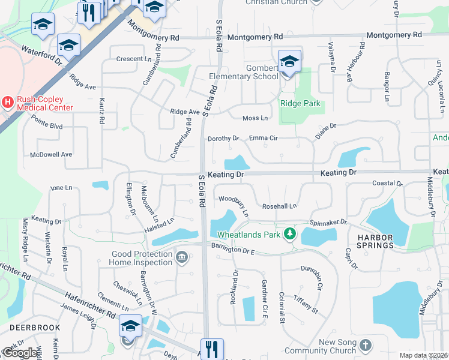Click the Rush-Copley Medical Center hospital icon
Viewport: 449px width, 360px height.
point(8,102)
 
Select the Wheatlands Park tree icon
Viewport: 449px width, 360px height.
point(290,233)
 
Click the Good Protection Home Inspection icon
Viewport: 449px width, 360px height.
point(182,259)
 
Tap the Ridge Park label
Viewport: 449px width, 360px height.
point(300,103)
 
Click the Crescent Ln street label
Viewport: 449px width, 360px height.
point(134,59)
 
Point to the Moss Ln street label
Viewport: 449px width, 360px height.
point(255,118)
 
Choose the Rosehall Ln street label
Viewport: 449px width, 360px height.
point(279,206)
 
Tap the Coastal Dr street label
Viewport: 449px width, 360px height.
point(387,184)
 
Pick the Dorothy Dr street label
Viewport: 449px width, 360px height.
point(223,139)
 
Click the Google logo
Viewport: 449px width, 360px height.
point(20,353)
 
